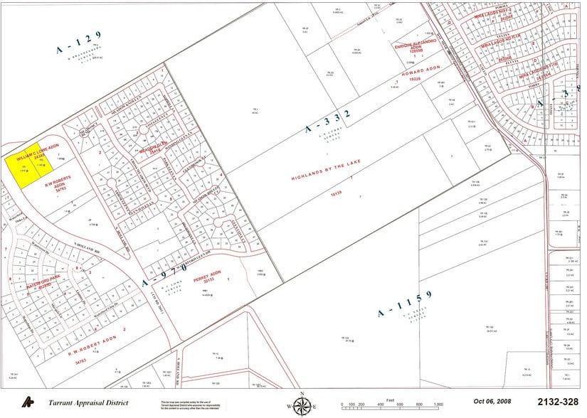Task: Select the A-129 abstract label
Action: [79, 42]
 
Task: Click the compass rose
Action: [302, 404]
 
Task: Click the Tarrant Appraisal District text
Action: [88, 403]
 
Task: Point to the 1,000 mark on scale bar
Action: [438, 404]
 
